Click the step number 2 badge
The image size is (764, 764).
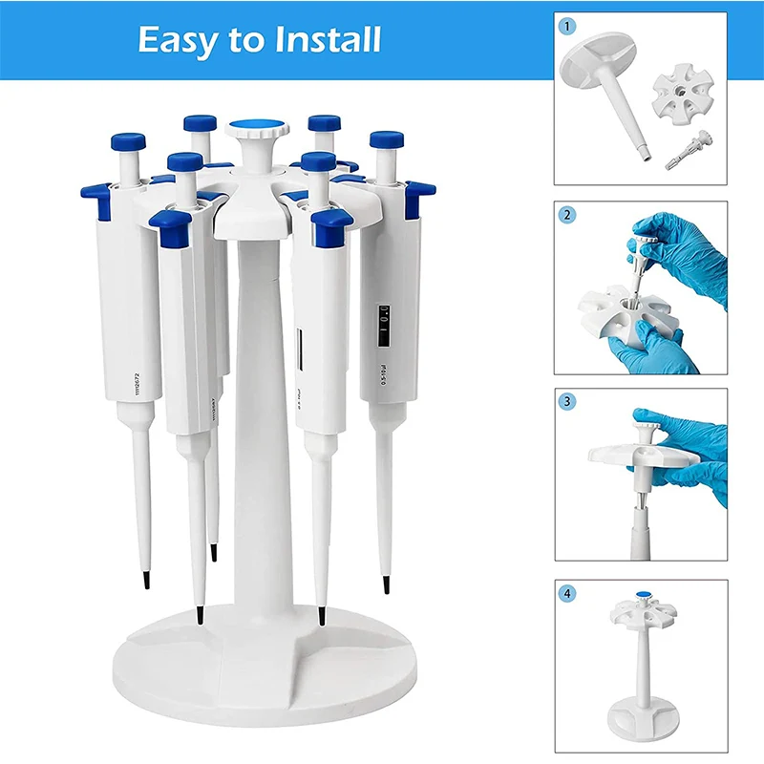[567, 215]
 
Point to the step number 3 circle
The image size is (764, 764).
[567, 402]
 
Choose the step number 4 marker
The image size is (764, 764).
[567, 593]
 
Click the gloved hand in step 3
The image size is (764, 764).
[692, 444]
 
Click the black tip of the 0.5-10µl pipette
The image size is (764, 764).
[386, 584]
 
